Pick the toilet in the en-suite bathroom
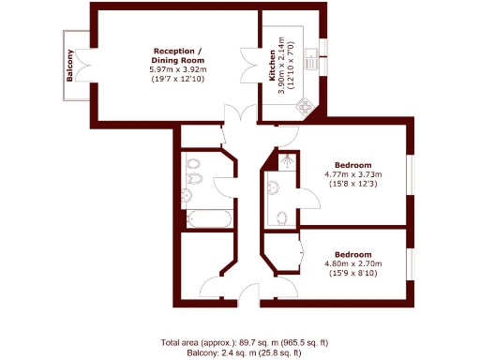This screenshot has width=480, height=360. click(284, 217)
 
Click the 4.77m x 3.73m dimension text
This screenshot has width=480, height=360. click(354, 173)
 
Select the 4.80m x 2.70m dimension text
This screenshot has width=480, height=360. click(354, 264)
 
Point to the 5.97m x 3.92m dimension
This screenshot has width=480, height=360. click(176, 70)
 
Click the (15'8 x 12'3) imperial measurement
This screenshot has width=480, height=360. click(354, 184)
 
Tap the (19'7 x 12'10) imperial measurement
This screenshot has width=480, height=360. click(176, 80)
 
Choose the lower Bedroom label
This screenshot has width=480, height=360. click(354, 254)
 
